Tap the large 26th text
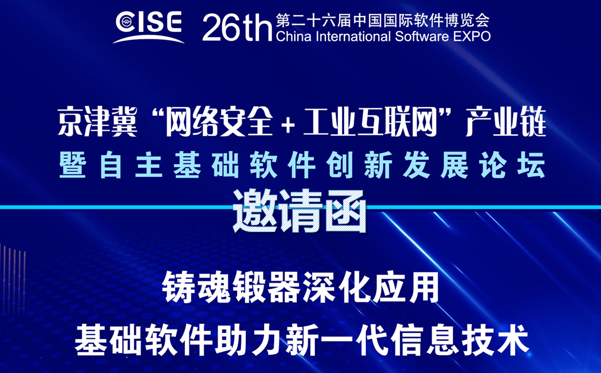point(237,27)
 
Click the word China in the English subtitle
point(293,36)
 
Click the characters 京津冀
point(97,122)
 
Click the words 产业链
point(505,122)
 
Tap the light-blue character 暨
point(73,165)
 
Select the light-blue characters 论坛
point(512,165)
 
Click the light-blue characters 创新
point(359,165)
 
